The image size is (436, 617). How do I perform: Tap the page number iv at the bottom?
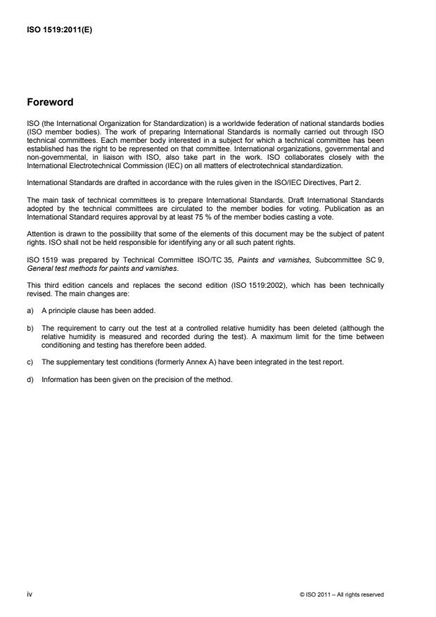pos(29,594)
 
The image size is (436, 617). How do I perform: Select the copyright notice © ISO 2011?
pos(342,594)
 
